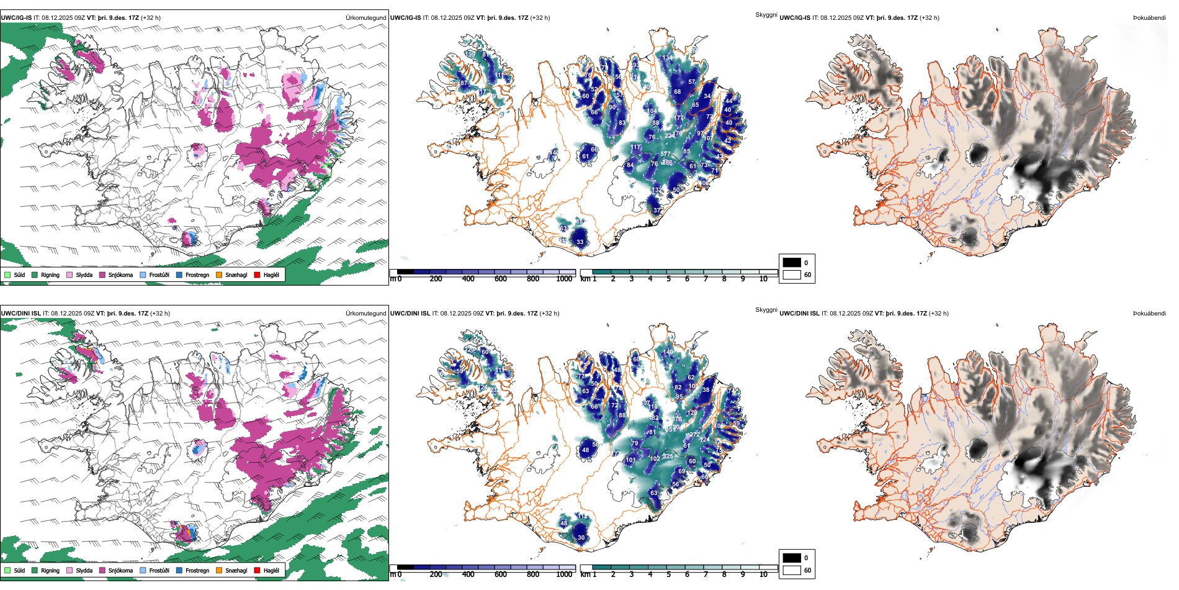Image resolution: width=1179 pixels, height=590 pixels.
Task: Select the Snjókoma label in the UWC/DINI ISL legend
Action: pos(120,570)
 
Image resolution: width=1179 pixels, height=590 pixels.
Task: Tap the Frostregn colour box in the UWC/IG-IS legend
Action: pos(179,275)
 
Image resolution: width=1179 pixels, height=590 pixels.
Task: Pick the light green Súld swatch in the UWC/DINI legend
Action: pos(7,570)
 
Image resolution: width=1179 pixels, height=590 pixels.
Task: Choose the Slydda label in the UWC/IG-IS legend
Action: pos(84,275)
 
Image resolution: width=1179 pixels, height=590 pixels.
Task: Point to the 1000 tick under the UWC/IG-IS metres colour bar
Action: pos(564,279)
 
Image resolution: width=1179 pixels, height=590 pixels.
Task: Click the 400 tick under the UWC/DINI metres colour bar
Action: pos(468,574)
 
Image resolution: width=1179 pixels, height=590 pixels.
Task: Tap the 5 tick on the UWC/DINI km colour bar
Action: pos(668,574)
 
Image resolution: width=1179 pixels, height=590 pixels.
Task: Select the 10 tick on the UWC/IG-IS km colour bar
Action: pos(763,279)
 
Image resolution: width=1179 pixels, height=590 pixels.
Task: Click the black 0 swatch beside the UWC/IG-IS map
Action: pos(792,263)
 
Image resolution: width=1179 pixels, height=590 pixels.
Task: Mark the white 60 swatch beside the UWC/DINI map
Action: pos(792,570)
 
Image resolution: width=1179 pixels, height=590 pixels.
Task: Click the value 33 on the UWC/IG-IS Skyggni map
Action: pos(580,242)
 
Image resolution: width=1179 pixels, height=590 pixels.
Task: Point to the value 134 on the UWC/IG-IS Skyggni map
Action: pos(667,58)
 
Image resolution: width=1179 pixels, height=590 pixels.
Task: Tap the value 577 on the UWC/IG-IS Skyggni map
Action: pos(665,154)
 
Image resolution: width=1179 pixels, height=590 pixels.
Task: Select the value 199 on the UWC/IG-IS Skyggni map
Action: pos(471,55)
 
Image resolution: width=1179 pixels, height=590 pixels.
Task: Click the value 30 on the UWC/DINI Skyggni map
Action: pos(581,538)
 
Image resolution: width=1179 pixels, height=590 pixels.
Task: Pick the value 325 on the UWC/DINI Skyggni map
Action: pos(668,456)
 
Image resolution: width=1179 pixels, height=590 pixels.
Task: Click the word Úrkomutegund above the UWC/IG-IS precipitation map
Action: pos(365,17)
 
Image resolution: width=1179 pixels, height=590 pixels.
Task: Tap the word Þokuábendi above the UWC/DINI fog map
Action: pos(1149,313)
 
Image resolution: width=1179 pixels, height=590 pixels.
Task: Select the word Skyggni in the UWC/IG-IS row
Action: pos(766,14)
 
